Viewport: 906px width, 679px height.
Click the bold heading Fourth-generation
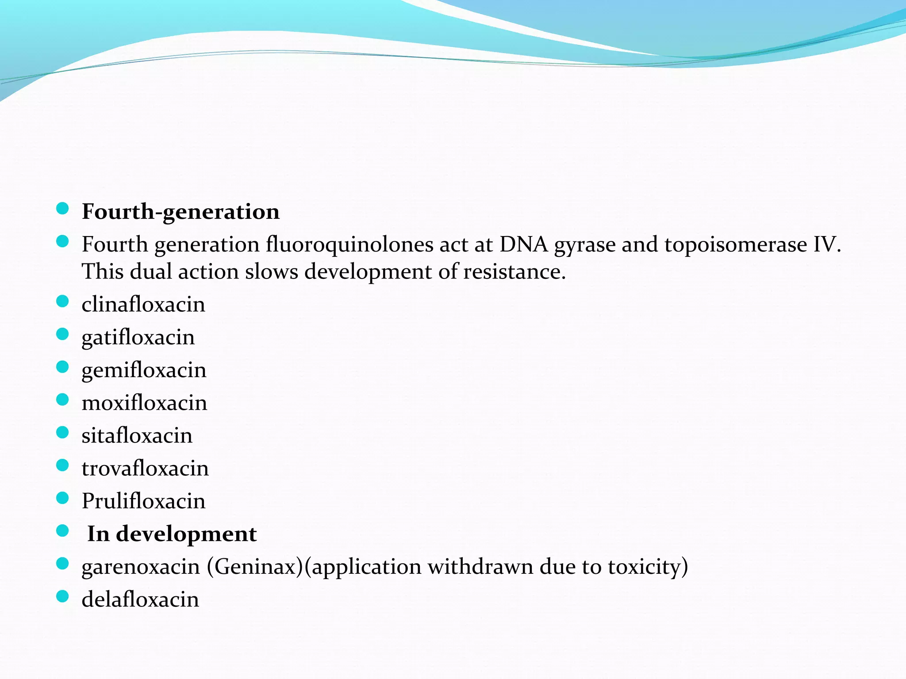tap(180, 212)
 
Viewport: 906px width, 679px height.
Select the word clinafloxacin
tap(143, 305)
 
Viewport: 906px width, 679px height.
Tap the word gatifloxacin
tap(138, 338)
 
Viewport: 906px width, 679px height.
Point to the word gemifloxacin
tap(144, 370)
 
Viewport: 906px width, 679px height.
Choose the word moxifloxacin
tap(144, 403)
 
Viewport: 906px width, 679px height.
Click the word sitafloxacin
tap(137, 436)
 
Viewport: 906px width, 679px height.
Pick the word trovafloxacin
tap(145, 469)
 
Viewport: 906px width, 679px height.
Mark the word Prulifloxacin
tap(144, 501)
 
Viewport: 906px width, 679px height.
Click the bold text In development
tap(172, 534)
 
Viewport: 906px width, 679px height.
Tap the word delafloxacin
tap(140, 600)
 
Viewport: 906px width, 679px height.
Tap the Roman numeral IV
tap(826, 244)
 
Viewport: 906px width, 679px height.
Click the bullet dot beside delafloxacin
tap(63, 597)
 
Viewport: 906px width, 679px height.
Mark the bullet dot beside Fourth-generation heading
tap(63, 209)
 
